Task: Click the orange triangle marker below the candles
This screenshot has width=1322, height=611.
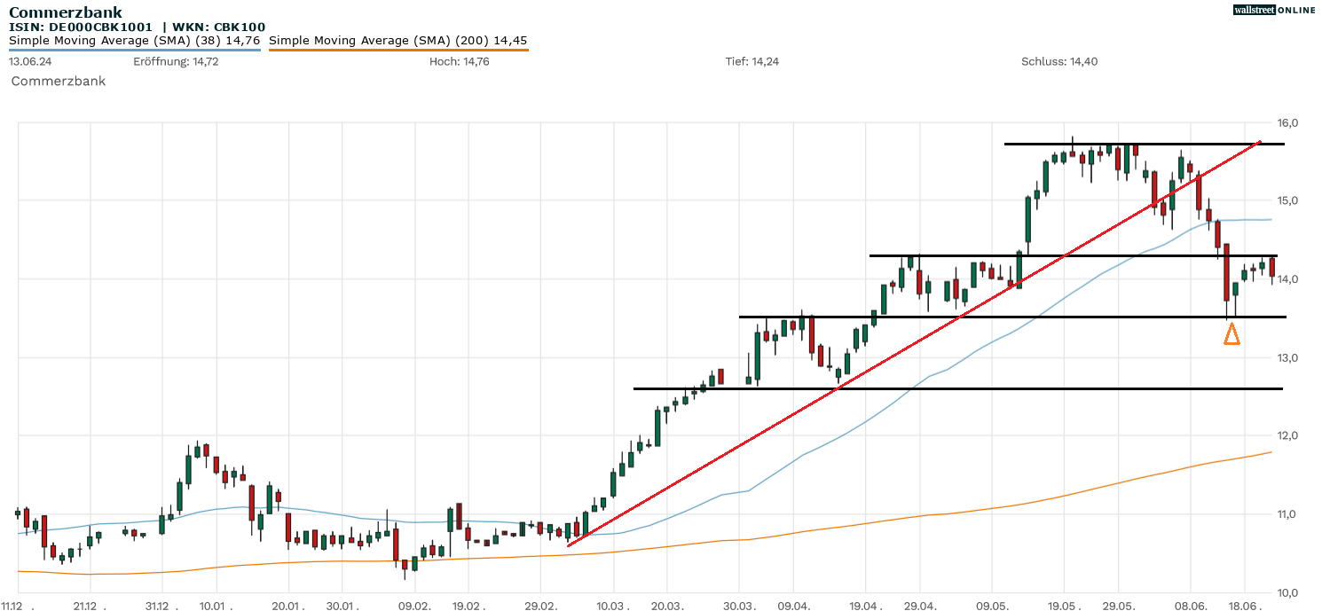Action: click(1232, 334)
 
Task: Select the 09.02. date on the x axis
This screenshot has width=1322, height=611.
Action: click(414, 606)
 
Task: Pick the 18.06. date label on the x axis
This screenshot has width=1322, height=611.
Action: click(1244, 606)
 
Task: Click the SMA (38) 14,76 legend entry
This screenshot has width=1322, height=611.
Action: click(134, 40)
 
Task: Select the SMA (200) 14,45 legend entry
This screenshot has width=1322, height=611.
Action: click(397, 40)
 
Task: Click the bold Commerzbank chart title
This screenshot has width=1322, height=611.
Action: click(66, 12)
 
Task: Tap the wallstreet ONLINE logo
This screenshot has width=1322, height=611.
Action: click(1274, 10)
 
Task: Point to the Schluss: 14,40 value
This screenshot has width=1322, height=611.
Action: click(1059, 61)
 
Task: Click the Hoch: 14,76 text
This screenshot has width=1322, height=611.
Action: click(459, 61)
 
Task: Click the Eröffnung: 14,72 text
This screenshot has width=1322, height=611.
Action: click(176, 61)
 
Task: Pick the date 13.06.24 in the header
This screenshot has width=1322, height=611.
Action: click(29, 61)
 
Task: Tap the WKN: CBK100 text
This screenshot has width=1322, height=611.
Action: click(218, 27)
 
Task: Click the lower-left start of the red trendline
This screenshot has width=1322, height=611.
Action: click(568, 545)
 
